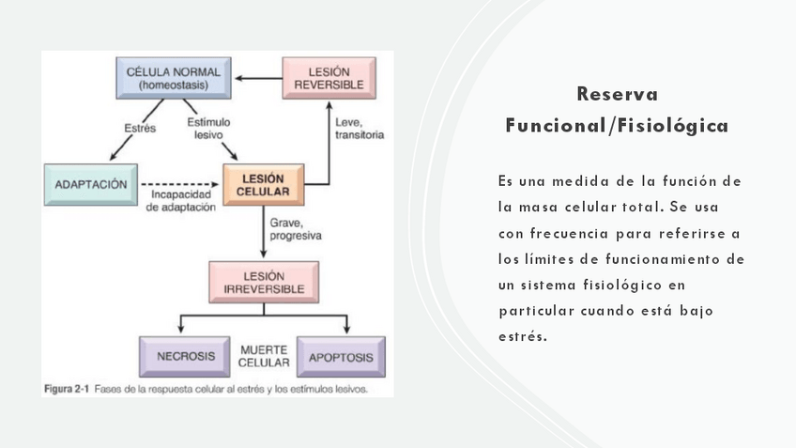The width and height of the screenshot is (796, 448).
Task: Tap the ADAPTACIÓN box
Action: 90,184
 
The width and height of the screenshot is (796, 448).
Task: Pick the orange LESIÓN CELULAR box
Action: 263,185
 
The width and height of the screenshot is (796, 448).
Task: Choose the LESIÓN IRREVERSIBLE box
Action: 263,282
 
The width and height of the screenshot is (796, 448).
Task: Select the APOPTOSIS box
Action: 341,357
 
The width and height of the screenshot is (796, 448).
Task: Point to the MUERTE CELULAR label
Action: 263,356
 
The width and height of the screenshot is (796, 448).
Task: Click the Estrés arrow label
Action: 140,128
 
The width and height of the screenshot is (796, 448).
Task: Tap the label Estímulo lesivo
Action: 208,129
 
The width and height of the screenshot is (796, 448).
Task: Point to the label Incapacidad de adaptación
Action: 181,201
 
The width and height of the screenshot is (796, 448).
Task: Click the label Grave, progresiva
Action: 295,230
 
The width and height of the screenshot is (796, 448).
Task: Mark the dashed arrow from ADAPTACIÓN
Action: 178,184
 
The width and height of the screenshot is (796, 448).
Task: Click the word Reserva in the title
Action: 617,95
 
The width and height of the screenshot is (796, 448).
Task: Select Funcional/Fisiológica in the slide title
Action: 617,125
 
